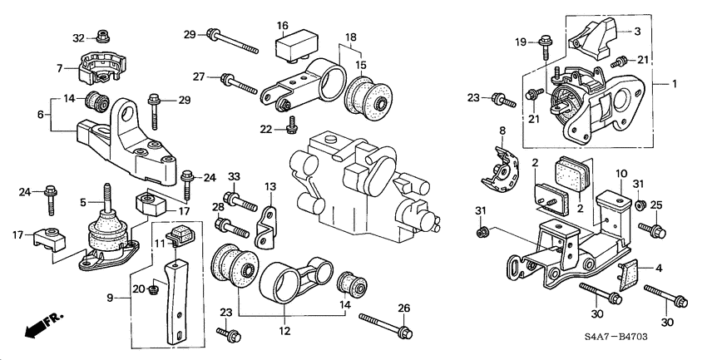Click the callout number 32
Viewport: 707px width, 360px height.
pos(79,37)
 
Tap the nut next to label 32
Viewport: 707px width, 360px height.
pos(102,37)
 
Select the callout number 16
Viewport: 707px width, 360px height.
pos(283,26)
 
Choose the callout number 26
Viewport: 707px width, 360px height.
pos(405,308)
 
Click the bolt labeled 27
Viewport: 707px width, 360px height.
pos(240,83)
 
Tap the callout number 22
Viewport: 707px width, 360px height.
pos(266,128)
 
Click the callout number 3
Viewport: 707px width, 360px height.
pos(637,31)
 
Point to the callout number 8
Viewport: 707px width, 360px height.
pos(502,131)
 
